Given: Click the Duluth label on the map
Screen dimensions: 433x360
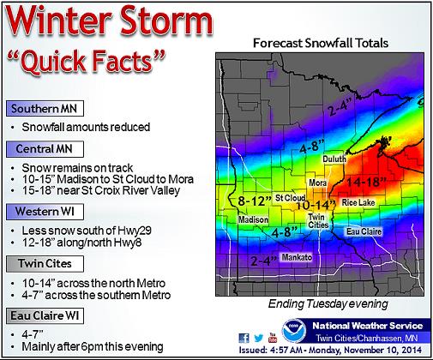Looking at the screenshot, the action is click(x=334, y=159).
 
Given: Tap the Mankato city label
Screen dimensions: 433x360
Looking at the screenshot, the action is click(x=297, y=257).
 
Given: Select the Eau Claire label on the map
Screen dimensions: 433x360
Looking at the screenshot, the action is click(x=364, y=231).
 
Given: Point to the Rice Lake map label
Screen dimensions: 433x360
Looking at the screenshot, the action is click(x=358, y=202).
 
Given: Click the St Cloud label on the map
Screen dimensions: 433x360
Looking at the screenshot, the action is click(x=290, y=198).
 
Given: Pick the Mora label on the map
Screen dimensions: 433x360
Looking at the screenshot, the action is click(x=318, y=183).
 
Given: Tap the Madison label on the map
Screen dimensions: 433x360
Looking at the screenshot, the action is click(x=253, y=219).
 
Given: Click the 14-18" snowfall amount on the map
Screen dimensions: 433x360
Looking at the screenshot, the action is click(x=367, y=182).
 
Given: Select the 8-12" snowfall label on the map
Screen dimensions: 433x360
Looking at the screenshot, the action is click(x=255, y=201).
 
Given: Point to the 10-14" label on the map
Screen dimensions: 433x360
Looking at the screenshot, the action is click(x=316, y=205).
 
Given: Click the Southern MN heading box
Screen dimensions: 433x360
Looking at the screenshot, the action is click(x=45, y=109).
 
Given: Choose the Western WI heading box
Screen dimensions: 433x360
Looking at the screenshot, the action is click(x=45, y=212).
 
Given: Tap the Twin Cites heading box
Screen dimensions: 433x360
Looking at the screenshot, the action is click(x=45, y=264).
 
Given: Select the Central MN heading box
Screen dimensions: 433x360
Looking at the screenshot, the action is click(x=45, y=149).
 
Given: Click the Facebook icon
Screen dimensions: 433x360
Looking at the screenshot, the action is click(x=244, y=338).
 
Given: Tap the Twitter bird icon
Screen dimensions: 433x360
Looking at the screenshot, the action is click(x=258, y=338).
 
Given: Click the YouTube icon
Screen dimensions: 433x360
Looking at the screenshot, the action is click(x=273, y=338).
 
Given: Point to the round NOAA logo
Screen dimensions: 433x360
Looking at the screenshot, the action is click(x=294, y=331).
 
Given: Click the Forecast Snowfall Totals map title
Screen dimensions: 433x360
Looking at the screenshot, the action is click(x=321, y=43).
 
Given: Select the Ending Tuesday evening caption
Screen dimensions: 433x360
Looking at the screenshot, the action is click(x=328, y=303).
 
